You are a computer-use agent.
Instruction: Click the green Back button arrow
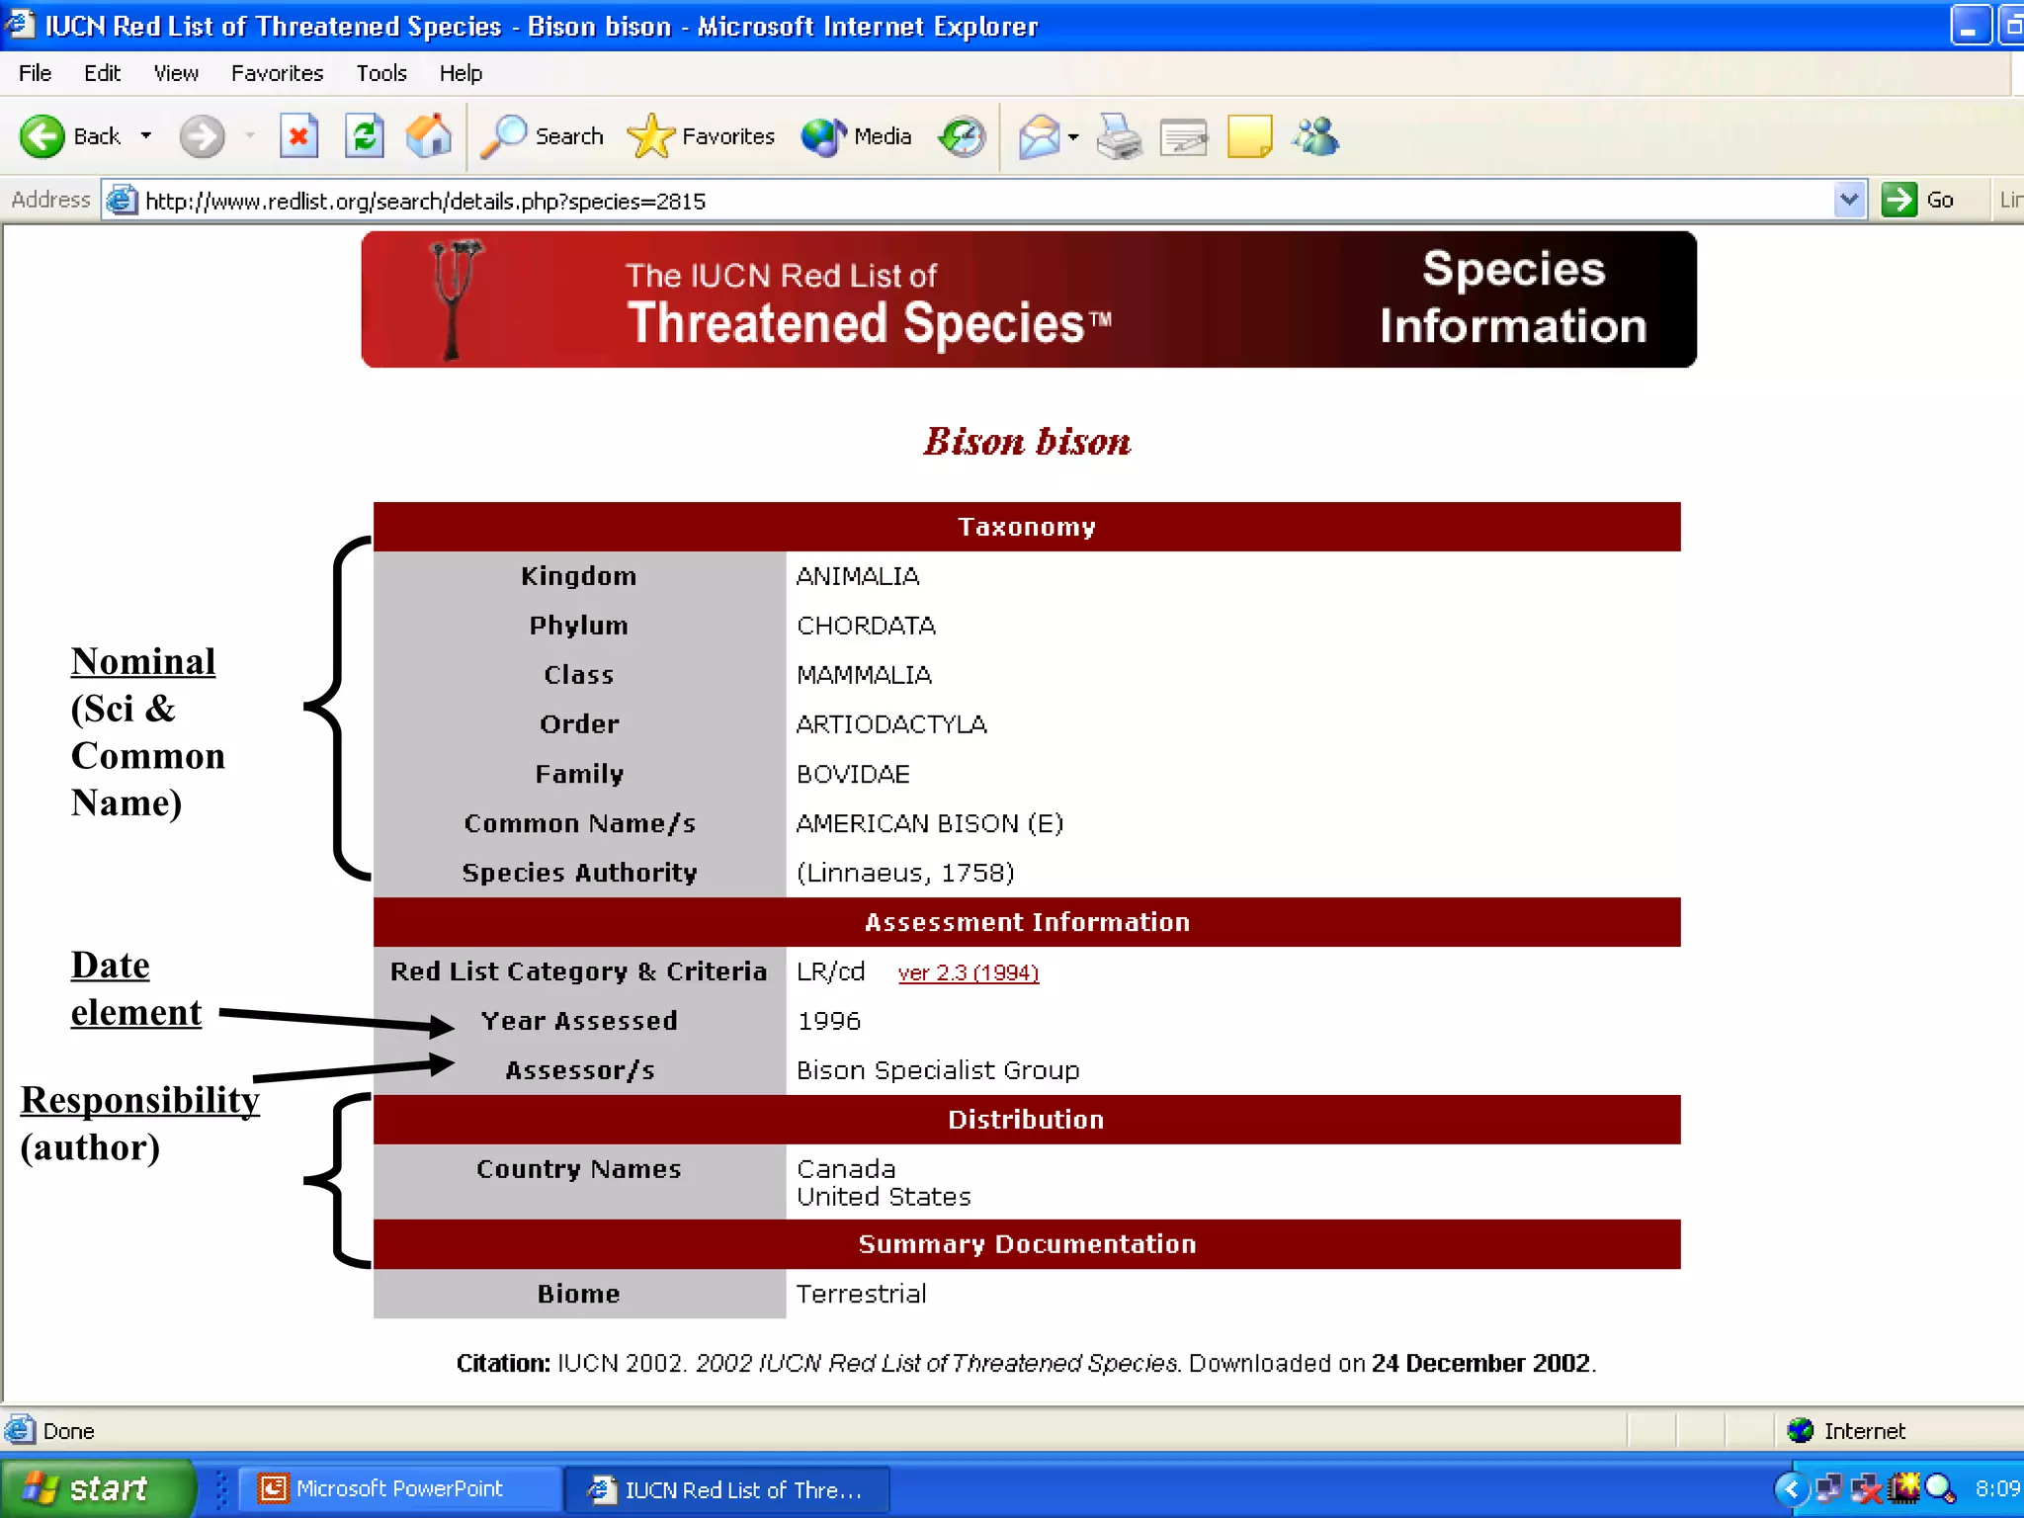pos(42,136)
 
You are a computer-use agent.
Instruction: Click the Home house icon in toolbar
pos(429,136)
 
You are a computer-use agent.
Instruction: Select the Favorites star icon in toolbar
pos(650,136)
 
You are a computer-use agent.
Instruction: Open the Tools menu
pos(381,73)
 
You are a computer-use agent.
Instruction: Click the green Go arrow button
pos(1898,200)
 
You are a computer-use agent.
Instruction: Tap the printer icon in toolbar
pos(1119,136)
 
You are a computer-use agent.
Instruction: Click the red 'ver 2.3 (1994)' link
pos(968,973)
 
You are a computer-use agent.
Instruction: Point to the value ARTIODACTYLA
pos(891,724)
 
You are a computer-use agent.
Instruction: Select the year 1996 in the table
pos(829,1021)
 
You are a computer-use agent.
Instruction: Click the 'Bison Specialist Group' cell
pos(937,1070)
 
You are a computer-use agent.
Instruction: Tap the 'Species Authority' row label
pos(579,873)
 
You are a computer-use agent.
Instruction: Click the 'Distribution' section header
pos(1026,1120)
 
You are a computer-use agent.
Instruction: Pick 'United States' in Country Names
pos(884,1197)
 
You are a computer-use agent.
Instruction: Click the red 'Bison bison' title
pos(1027,442)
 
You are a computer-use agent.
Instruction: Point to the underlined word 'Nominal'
pos(143,661)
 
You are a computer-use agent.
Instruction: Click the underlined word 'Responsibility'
pos(140,1100)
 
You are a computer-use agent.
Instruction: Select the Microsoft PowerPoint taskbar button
pos(398,1488)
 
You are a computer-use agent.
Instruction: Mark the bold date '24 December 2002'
pos(1480,1363)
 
